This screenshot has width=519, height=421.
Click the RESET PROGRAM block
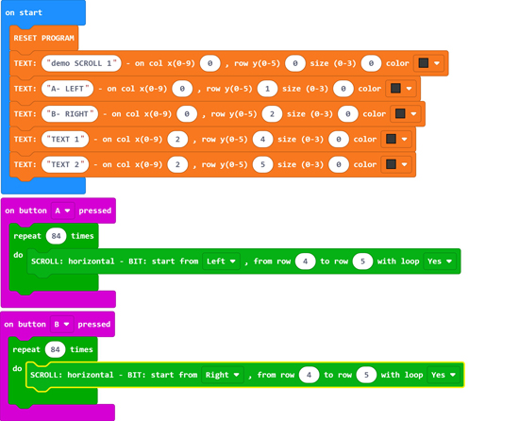43,38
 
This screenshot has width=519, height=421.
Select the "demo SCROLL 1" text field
81,63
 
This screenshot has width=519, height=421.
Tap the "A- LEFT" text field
68,89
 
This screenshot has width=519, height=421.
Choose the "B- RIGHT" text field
70,114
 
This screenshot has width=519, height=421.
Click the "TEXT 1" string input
65,139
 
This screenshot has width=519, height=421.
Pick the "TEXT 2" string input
65,164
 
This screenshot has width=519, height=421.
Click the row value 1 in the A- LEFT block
267,89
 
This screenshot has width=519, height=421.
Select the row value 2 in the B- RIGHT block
272,114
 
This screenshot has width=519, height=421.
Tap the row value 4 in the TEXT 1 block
263,139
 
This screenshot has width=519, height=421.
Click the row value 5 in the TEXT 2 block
263,164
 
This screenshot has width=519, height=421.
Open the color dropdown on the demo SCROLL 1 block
429,63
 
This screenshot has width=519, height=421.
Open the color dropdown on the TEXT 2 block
396,164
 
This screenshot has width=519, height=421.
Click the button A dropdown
63,210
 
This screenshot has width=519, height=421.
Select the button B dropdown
62,325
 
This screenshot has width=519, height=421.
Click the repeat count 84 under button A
57,236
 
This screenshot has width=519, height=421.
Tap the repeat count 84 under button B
56,349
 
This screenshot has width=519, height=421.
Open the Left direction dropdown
221,261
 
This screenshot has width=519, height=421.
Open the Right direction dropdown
223,375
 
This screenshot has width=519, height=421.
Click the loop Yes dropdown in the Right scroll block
444,375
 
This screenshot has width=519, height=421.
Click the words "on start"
24,12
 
